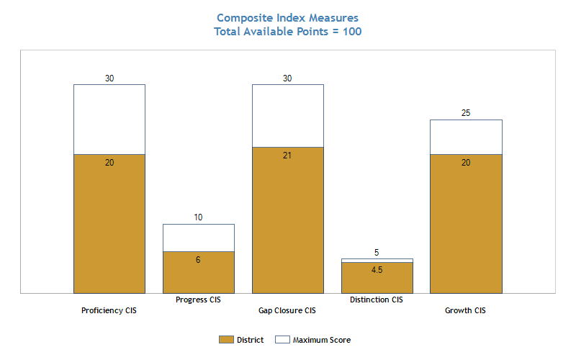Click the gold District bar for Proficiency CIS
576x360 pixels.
pyautogui.click(x=109, y=224)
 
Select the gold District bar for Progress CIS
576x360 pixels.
pyautogui.click(x=199, y=272)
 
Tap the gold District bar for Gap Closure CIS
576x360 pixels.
pyautogui.click(x=288, y=220)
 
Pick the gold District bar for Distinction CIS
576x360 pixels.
pyautogui.click(x=377, y=278)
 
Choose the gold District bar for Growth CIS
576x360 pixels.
pyautogui.click(x=466, y=224)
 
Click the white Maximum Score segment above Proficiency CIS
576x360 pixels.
pyautogui.click(x=109, y=120)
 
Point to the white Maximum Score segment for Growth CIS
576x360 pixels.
pyautogui.click(x=466, y=137)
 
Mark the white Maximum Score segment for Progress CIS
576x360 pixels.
pyautogui.click(x=199, y=238)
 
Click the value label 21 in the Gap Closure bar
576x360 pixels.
pyautogui.click(x=287, y=156)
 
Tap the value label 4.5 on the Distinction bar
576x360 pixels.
pyautogui.click(x=377, y=270)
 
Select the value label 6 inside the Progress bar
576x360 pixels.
pyautogui.click(x=198, y=260)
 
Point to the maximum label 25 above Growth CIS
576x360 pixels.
pyautogui.click(x=466, y=113)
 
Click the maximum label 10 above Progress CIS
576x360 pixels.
pyautogui.click(x=199, y=217)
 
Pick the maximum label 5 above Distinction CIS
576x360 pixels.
pyautogui.click(x=377, y=253)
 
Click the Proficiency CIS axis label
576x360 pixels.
pyautogui.click(x=109, y=311)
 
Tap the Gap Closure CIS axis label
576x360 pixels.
pyautogui.click(x=287, y=311)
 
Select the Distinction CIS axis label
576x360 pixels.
pyautogui.click(x=377, y=300)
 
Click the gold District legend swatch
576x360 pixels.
pyautogui.click(x=226, y=340)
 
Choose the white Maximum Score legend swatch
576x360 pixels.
pyautogui.click(x=282, y=340)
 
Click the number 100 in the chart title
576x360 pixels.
pyautogui.click(x=352, y=32)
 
